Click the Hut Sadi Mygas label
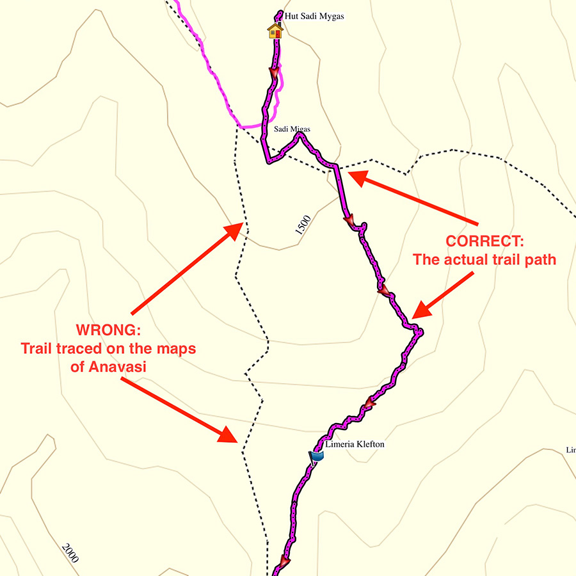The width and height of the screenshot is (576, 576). click(x=314, y=16)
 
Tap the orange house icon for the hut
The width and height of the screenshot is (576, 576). click(x=275, y=31)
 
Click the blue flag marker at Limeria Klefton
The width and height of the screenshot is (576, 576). click(x=317, y=456)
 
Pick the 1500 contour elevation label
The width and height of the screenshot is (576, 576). click(x=303, y=226)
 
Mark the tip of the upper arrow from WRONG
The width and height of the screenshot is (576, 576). click(x=243, y=223)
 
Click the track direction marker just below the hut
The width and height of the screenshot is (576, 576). click(x=274, y=75)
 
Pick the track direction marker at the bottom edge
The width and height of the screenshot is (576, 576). click(x=284, y=562)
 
